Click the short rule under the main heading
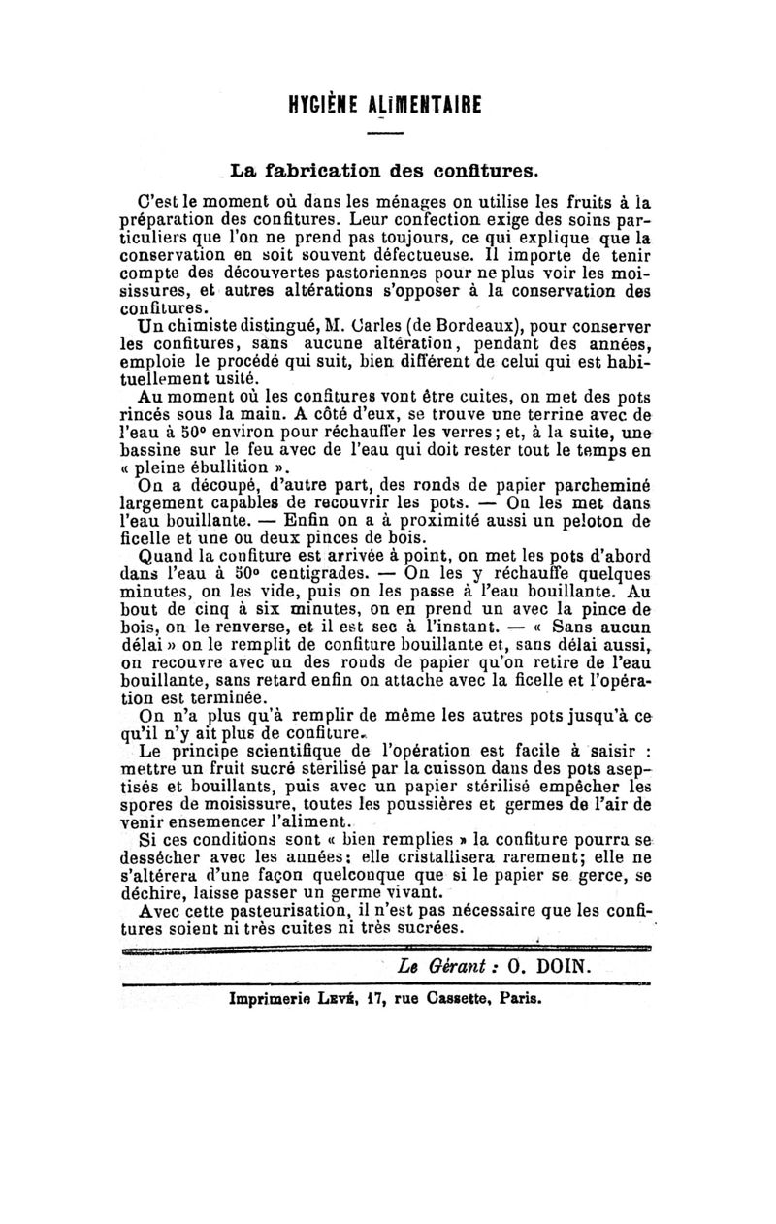385,133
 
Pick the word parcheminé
599,487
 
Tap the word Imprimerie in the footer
268,997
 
